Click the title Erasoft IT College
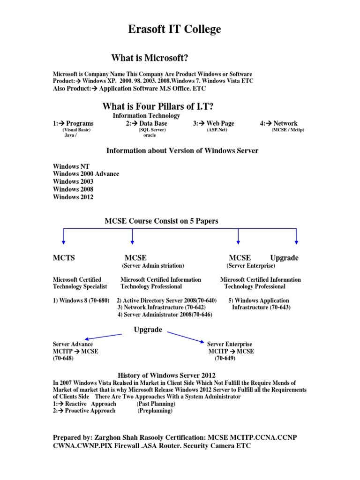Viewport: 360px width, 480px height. (174, 30)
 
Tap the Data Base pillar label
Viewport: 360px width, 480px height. (149, 123)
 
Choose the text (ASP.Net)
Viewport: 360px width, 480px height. (217, 130)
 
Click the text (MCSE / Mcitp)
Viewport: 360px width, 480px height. (288, 130)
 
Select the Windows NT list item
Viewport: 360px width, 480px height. (71, 166)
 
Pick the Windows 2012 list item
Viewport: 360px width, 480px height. (73, 197)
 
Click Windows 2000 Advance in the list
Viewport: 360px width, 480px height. (86, 174)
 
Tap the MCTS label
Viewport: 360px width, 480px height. (64, 258)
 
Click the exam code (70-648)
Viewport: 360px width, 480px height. (63, 359)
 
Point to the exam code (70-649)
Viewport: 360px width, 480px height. (225, 359)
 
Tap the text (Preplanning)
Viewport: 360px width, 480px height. (155, 411)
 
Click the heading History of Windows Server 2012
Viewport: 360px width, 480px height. (166, 375)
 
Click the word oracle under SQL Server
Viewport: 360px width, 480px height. (150, 135)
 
